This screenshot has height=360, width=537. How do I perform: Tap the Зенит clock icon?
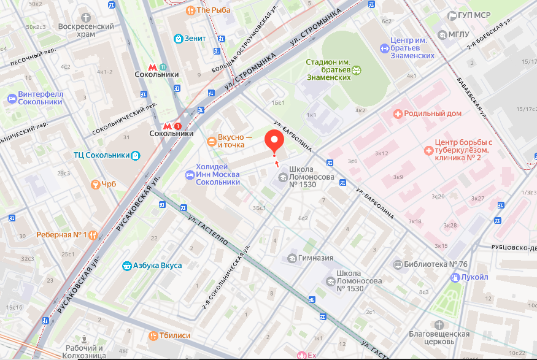(x=179, y=39)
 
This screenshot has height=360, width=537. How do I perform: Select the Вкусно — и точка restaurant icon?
(x=211, y=141)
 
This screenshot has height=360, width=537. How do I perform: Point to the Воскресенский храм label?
(x=86, y=31)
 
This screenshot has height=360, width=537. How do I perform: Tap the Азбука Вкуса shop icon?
(x=127, y=266)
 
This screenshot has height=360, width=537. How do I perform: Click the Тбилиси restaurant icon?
(x=153, y=335)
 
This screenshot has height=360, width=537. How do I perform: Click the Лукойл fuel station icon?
(x=455, y=277)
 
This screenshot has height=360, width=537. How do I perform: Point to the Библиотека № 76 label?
(x=436, y=264)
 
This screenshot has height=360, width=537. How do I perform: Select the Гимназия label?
(x=315, y=258)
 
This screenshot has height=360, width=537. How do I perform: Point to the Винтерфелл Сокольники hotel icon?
(x=12, y=98)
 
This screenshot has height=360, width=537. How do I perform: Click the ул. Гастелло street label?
(x=209, y=230)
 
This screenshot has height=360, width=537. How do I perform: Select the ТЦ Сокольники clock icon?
(x=135, y=155)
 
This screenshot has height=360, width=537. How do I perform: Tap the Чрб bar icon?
(x=95, y=184)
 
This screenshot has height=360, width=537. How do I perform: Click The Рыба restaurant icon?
(x=190, y=10)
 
